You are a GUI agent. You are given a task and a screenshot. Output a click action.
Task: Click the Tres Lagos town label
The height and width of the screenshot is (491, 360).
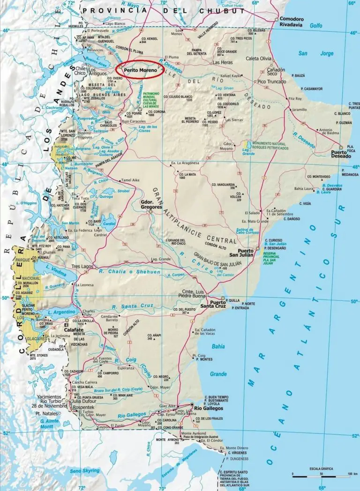coord(80,267)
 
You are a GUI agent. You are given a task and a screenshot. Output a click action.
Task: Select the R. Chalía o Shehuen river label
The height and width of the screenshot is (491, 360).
coord(128,272)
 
